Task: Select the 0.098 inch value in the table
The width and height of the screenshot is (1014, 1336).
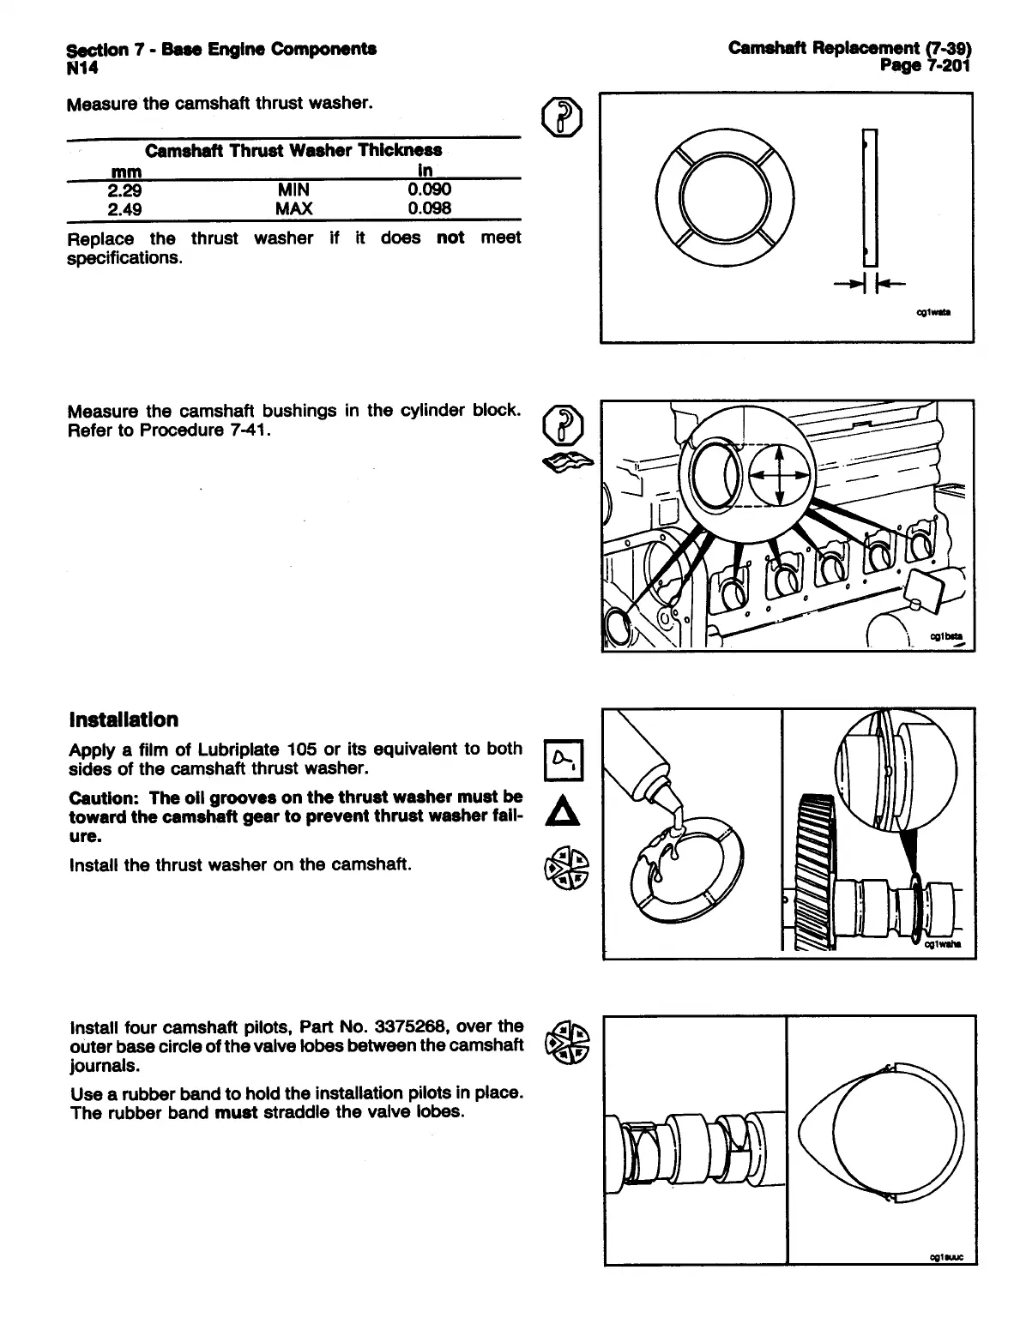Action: coord(429,208)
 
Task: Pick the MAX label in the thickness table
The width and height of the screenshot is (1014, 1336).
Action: coord(293,208)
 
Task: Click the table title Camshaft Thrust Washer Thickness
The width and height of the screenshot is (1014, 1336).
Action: coord(293,152)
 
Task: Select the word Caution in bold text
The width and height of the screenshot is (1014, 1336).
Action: coord(95,797)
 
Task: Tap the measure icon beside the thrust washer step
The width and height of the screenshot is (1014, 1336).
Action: coord(564,117)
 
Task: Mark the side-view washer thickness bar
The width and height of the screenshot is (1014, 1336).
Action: coord(871,197)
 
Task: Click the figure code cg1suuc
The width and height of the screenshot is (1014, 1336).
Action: coord(947,1258)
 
